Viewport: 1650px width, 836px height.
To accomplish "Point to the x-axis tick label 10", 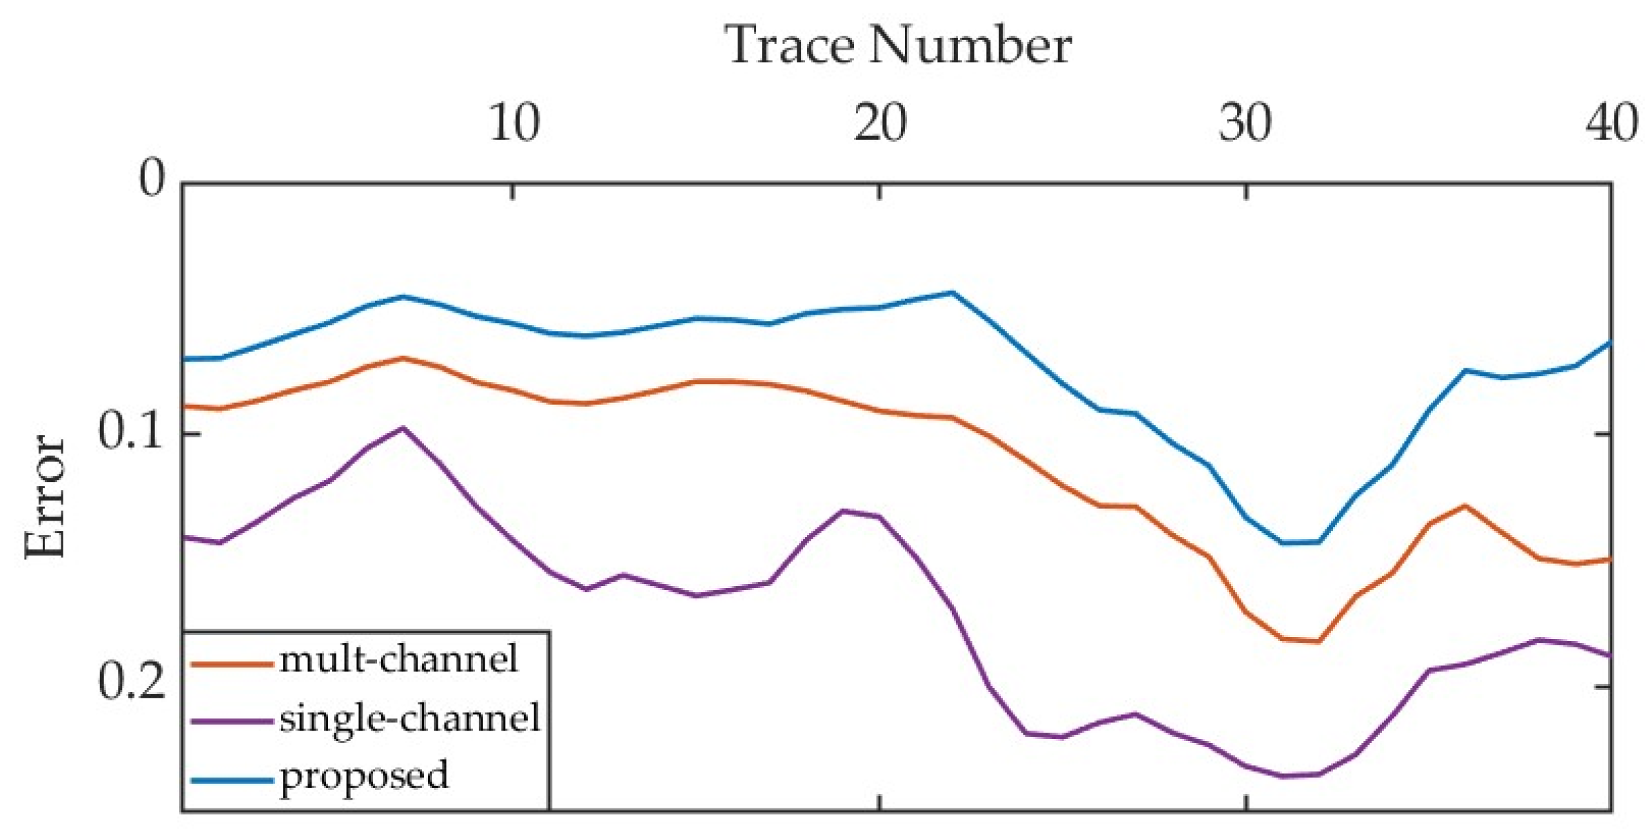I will [513, 124].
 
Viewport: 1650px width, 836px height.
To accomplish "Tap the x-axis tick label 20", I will [879, 124].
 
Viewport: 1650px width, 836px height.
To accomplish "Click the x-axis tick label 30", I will [1245, 124].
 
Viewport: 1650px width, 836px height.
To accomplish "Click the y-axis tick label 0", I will [152, 178].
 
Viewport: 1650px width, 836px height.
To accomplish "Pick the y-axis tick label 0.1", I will [131, 432].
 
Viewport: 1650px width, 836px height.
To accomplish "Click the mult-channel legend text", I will [398, 659].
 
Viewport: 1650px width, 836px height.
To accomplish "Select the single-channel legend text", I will [409, 719].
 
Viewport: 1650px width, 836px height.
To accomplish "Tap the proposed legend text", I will [364, 776].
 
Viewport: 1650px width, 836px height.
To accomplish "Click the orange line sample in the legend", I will [231, 664].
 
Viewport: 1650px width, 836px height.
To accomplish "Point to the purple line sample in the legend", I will [231, 722].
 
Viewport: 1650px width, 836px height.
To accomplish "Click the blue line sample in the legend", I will [231, 780].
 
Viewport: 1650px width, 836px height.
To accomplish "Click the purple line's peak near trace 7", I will [403, 428].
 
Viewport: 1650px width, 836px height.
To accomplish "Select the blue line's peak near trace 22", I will [953, 292].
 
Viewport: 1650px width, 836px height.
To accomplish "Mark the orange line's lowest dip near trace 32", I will [1318, 642].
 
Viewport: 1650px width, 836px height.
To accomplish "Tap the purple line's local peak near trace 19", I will [844, 510].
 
